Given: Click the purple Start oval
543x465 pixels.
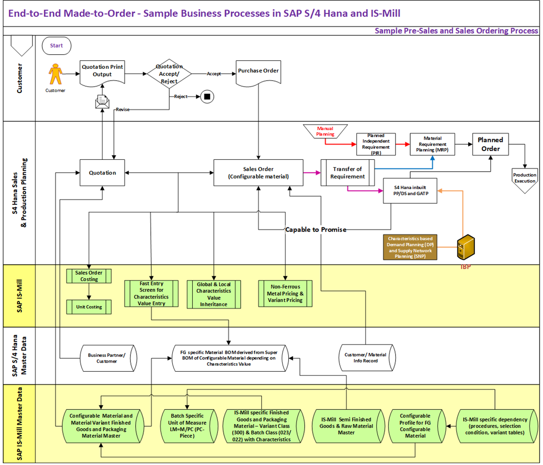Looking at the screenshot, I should tap(57, 46).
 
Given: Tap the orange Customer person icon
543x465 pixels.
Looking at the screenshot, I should tap(56, 74).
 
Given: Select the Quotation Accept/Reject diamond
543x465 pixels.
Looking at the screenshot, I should tap(169, 74).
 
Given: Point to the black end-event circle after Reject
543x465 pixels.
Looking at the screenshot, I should tap(206, 97).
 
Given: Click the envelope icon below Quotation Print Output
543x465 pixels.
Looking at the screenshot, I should tap(102, 100).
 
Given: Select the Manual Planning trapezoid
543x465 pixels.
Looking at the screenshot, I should tap(325, 131).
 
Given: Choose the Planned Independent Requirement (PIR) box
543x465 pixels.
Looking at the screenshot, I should tap(375, 144).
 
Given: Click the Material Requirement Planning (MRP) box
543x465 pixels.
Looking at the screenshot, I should tap(431, 144).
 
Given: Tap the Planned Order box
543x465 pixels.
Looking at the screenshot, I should tap(490, 144).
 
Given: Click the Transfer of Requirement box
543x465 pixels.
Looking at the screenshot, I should tap(348, 173).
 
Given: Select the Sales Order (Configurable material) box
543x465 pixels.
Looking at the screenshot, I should tap(258, 173).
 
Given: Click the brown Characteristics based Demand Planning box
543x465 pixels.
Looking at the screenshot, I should tap(410, 247).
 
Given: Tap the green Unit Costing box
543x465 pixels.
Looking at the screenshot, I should tap(89, 307).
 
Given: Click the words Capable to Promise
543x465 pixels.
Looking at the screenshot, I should tap(316, 230).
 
